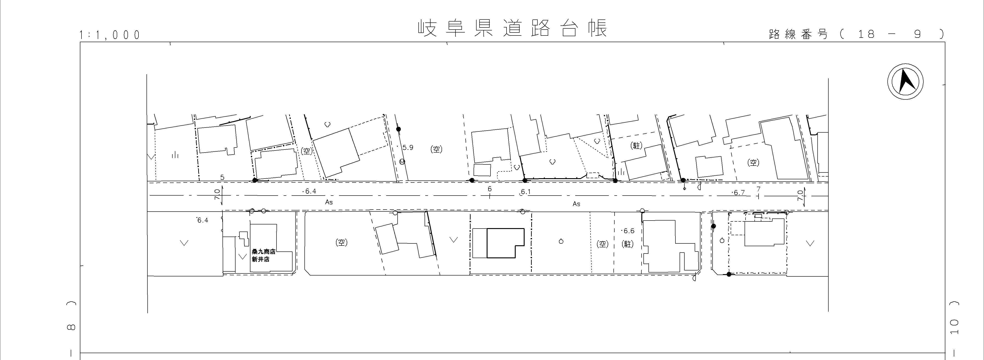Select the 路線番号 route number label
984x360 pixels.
click(798, 34)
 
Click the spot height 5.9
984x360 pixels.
click(408, 147)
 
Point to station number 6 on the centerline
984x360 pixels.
click(490, 189)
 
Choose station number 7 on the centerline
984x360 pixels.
click(758, 189)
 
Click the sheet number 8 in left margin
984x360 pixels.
click(71, 327)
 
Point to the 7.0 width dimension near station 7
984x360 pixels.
click(800, 196)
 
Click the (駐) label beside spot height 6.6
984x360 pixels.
click(628, 244)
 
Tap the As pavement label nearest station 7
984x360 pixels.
click(576, 204)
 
